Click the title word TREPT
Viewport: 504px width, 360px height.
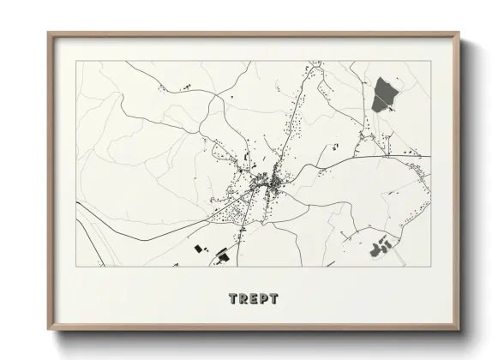[x=253, y=299]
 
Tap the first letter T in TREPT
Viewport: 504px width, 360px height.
[x=234, y=299]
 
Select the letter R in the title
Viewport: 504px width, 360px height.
[x=243, y=299]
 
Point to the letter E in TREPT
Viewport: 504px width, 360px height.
[x=253, y=299]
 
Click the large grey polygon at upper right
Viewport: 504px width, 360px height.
[x=384, y=94]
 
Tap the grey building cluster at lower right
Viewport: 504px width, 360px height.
[x=381, y=248]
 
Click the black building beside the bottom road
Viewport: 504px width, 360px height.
[x=223, y=255]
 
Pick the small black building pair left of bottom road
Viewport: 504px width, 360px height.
[x=201, y=249]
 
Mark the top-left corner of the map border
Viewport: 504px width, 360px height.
[x=76, y=62]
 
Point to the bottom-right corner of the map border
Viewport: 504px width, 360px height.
[x=429, y=265]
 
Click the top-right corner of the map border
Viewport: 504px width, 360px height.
[x=429, y=62]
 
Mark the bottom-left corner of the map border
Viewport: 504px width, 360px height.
[x=76, y=265]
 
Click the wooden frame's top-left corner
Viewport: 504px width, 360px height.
[x=47, y=33]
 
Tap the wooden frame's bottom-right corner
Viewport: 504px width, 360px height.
[x=459, y=330]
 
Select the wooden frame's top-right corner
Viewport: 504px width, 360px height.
[x=459, y=33]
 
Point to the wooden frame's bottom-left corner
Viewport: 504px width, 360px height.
[x=47, y=330]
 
